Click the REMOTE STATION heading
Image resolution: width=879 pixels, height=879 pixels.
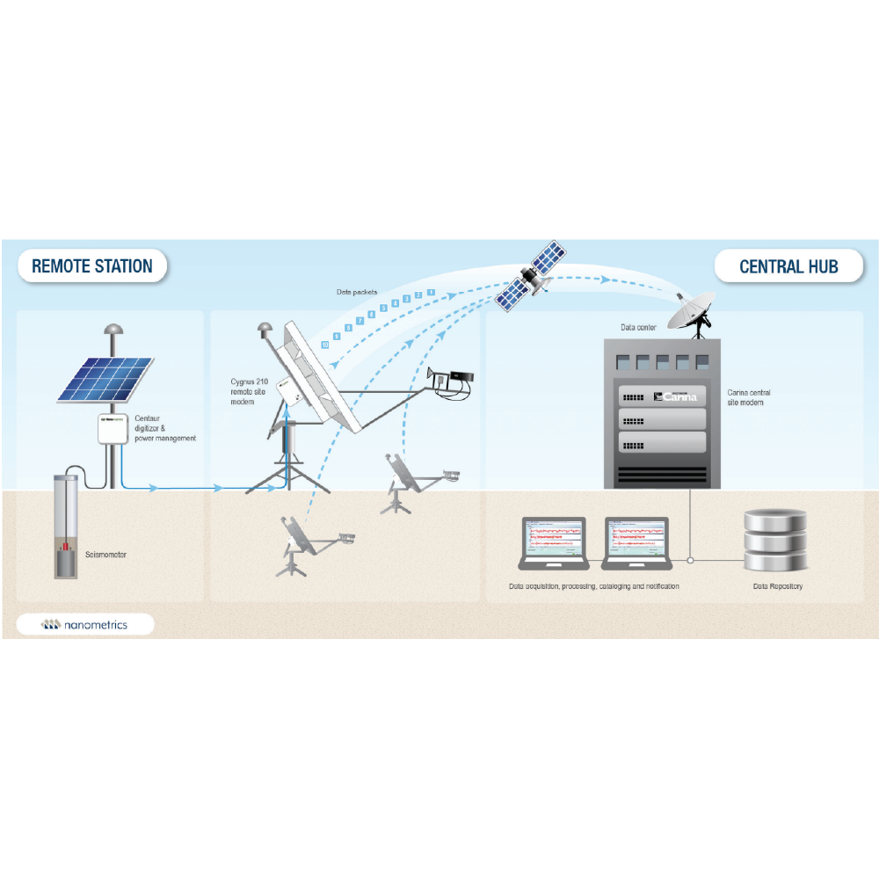(x=92, y=266)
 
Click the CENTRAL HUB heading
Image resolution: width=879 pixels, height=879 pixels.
(x=788, y=266)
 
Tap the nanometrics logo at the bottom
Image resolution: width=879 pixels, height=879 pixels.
(x=85, y=625)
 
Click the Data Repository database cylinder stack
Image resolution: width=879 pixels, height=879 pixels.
(x=774, y=540)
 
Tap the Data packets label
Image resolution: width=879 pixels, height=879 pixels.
(x=357, y=292)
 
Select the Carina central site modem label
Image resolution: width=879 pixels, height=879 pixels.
(x=749, y=397)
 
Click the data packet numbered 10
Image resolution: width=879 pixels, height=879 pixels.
(x=325, y=346)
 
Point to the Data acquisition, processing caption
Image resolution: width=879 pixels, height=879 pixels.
(x=593, y=586)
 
